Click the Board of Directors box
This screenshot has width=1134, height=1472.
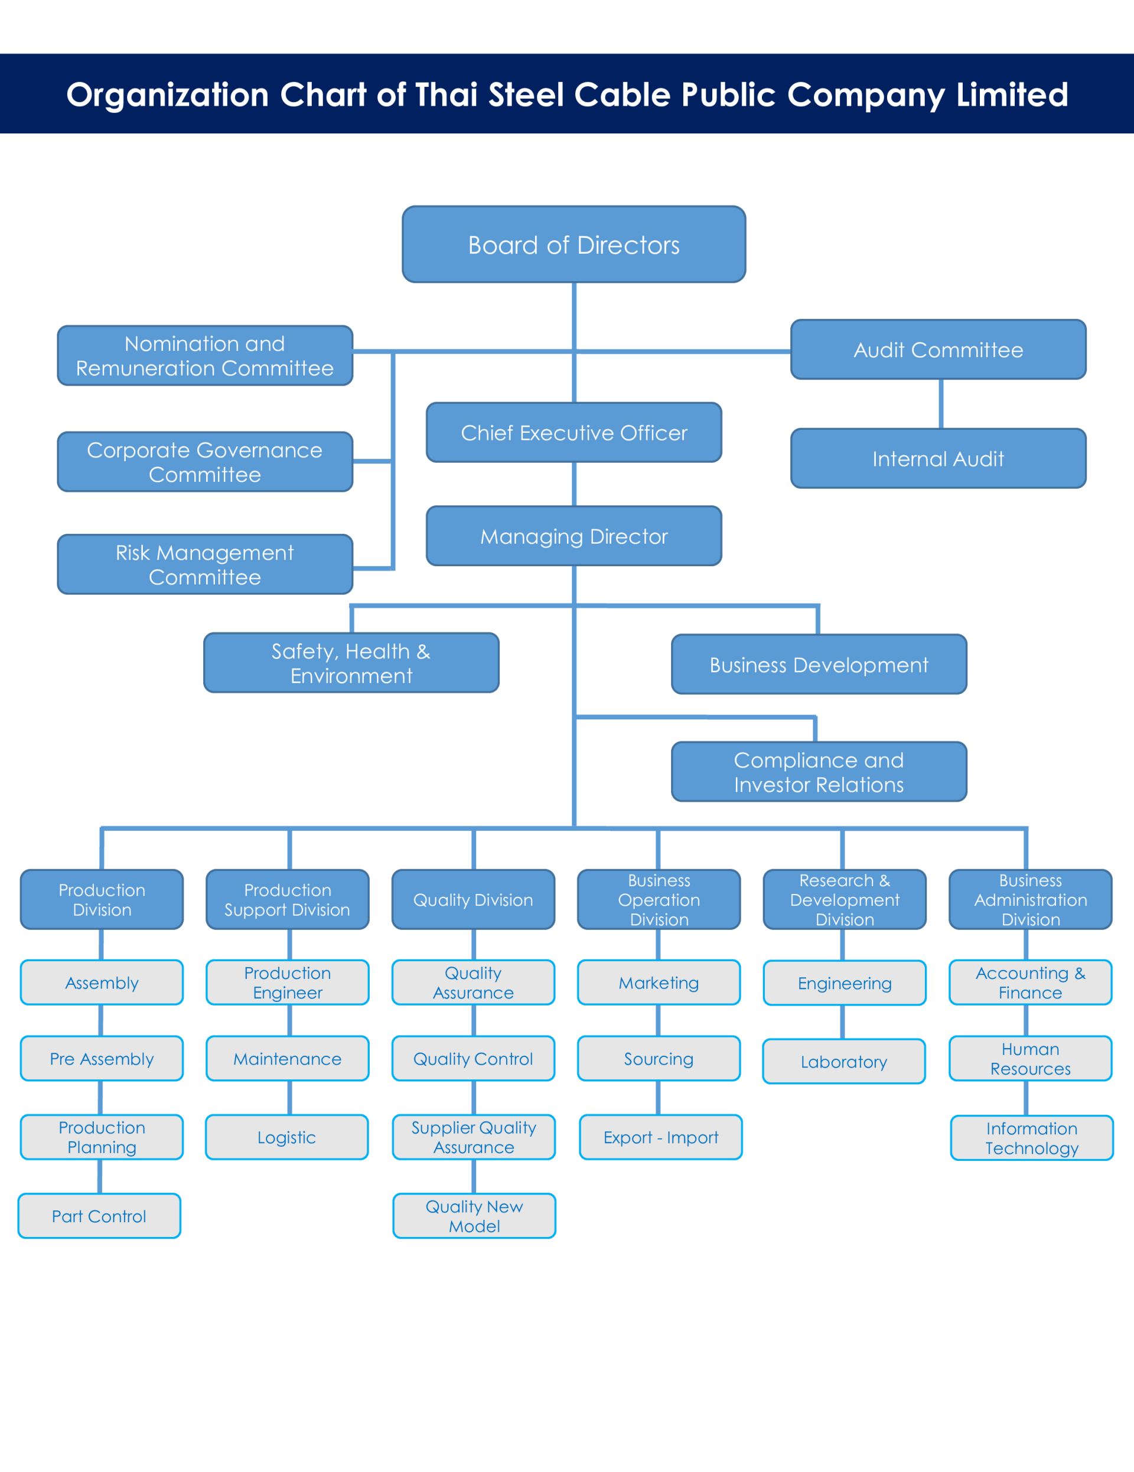pos(573,244)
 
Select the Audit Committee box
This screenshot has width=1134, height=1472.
pos(939,349)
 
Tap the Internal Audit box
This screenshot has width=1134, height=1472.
pos(939,458)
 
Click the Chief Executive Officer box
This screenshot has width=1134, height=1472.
pos(573,432)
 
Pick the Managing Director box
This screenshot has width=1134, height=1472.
pos(573,536)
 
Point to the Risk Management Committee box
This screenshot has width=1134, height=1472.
pos(205,564)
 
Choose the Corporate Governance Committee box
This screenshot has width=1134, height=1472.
pos(205,462)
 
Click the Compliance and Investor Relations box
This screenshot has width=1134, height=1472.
pos(819,772)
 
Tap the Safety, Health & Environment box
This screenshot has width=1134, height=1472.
pos(351,662)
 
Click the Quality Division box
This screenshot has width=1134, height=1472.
pos(473,899)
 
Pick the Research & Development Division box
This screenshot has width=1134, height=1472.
pos(845,899)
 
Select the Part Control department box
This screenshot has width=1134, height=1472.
pos(99,1216)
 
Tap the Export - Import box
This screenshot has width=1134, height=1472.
pos(661,1137)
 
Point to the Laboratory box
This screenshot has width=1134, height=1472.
pos(844,1062)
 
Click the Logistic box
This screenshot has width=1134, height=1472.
pos(286,1137)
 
